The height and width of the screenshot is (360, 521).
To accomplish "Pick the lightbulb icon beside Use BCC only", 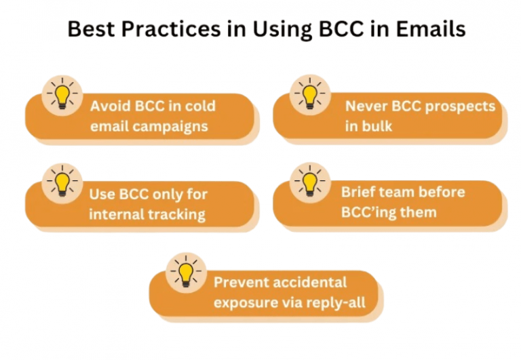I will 62,182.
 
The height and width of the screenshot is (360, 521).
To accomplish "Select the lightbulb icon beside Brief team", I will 309,182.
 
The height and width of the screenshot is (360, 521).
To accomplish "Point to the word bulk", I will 377,126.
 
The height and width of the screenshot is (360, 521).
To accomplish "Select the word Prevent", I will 239,282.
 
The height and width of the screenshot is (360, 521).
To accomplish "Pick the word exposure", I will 242,302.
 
